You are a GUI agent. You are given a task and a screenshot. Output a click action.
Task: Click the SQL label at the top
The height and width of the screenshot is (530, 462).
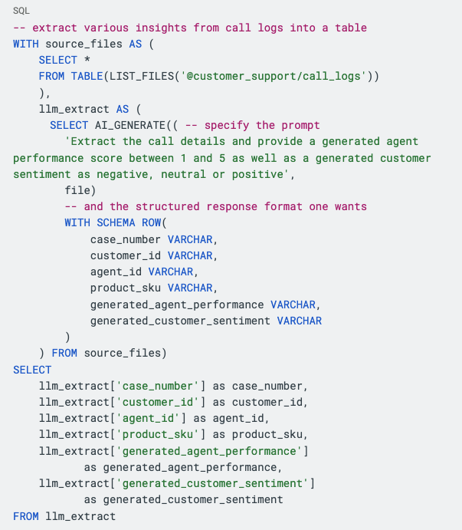coord(21,11)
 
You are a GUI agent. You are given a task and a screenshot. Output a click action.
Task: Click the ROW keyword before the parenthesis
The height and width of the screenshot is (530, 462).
coord(152,222)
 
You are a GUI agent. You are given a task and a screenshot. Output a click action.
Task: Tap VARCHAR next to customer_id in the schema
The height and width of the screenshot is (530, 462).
coord(190,255)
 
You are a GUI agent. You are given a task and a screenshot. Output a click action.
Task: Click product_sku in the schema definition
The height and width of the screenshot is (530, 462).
coord(126,288)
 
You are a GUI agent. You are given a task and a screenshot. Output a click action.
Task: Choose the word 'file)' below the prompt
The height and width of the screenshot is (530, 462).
coord(80,190)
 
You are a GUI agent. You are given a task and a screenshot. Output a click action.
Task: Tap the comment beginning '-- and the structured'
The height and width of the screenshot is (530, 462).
coord(215,206)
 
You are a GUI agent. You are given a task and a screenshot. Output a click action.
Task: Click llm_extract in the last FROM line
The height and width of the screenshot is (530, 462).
coord(80,516)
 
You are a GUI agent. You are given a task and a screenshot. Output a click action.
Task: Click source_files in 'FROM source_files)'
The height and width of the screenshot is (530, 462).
coord(123,353)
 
